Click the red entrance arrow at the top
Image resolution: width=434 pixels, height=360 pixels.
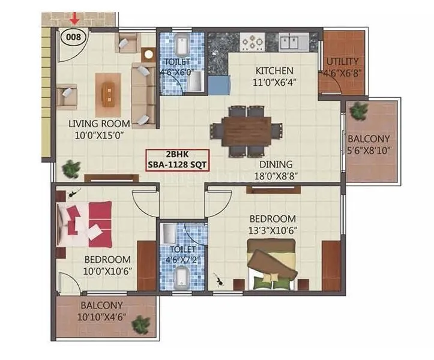pos(74,18)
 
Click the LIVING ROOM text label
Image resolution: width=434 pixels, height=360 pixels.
pos(99,124)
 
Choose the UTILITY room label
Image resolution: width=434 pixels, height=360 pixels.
pos(342,61)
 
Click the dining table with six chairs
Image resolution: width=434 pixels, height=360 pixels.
pos(247,130)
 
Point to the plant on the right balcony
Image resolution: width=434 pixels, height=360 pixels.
pos(359,110)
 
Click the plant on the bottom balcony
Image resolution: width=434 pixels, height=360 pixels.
pos(141,325)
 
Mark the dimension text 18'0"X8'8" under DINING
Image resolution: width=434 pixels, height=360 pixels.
pos(276,176)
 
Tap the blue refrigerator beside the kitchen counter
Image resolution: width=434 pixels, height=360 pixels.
pos(219,85)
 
